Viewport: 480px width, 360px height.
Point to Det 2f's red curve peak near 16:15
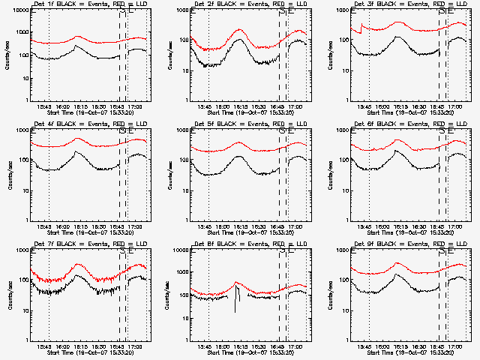[240, 31]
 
